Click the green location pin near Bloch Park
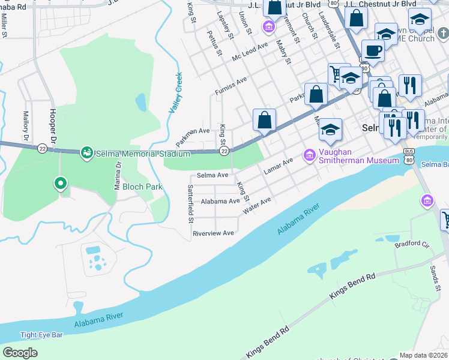[x=60, y=184]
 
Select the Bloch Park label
[x=142, y=187]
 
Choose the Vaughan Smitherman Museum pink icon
[x=310, y=155]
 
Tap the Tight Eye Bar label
[x=41, y=335]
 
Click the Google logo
[x=20, y=353]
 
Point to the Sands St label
[x=435, y=279]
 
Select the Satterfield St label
[x=190, y=204]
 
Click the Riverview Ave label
[x=212, y=233]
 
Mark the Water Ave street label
[x=256, y=206]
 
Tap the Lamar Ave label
[x=278, y=166]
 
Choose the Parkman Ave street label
[x=193, y=138]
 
